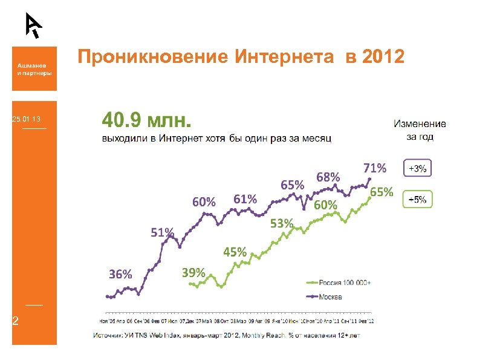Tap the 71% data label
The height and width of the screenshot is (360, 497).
tap(375, 168)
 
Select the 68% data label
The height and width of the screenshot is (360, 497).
tap(328, 177)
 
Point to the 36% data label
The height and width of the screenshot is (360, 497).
tap(120, 273)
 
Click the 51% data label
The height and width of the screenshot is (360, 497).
tap(162, 232)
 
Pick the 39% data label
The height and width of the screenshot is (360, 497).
tap(193, 272)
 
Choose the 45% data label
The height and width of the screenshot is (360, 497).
tap(235, 252)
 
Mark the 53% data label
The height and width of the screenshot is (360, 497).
tap(282, 224)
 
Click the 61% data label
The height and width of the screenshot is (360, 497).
tap(245, 198)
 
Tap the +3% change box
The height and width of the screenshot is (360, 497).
tap(417, 169)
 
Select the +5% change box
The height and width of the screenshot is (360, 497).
tap(417, 199)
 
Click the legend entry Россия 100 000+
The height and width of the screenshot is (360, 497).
tap(342, 283)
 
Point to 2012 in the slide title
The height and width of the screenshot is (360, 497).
tap(383, 57)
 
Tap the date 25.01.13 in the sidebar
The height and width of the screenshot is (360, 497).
tap(26, 121)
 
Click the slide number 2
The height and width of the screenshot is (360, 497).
tap(16, 321)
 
